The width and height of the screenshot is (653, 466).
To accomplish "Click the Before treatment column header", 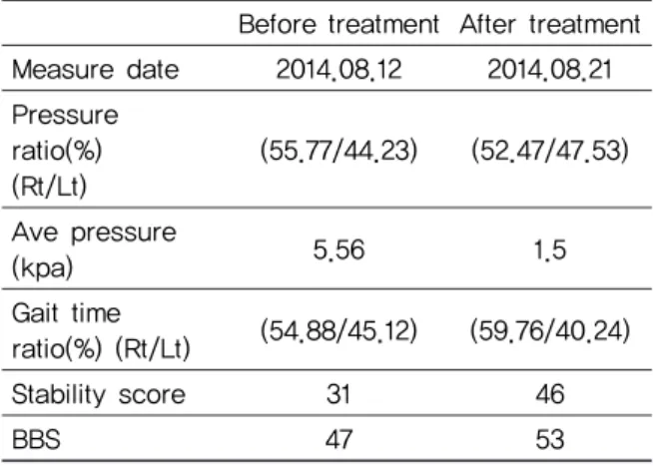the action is click(339, 24).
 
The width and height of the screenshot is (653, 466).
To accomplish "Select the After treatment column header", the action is click(550, 24).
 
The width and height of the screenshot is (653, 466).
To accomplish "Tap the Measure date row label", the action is click(96, 69).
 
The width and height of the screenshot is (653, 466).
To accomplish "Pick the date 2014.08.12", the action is click(339, 69).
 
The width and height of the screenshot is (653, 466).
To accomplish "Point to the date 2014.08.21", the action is click(550, 69).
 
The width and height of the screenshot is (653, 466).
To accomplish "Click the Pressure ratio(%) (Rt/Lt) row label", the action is click(65, 151).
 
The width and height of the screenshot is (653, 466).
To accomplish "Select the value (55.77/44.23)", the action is click(339, 151).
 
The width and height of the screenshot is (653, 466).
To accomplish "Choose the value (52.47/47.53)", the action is click(550, 151).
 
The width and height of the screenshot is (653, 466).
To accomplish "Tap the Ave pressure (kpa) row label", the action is click(94, 249).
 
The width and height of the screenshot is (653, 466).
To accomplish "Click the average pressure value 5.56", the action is click(339, 250).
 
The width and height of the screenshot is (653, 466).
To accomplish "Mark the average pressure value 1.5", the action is click(550, 250).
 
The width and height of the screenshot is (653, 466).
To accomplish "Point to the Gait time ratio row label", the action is click(101, 330).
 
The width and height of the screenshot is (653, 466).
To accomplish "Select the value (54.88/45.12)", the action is click(339, 331).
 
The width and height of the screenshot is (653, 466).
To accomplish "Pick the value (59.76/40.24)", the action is click(550, 331).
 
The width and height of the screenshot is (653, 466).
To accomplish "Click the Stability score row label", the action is click(99, 394).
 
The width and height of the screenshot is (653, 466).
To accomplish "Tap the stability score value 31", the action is click(339, 394).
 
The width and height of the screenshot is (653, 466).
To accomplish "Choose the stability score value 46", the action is click(550, 394).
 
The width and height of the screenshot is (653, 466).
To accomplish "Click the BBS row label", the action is click(36, 439).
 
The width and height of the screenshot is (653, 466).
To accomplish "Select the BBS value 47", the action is click(339, 439).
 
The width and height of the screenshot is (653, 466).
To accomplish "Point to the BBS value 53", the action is click(550, 439).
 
